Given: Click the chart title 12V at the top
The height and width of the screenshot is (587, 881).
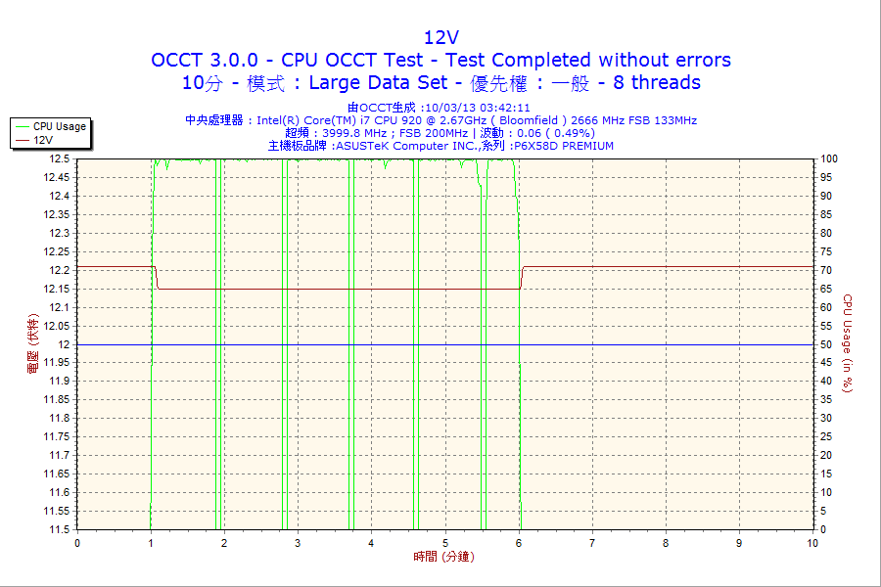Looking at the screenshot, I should [440, 37].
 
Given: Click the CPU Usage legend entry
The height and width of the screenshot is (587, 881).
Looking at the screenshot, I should [59, 126].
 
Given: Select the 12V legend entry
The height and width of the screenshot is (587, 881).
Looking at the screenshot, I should [43, 140].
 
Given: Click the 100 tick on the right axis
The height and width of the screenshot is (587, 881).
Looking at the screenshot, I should [828, 158].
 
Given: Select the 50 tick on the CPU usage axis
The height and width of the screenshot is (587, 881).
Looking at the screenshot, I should [825, 344].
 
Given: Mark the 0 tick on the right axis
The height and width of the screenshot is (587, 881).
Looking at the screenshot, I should [822, 529].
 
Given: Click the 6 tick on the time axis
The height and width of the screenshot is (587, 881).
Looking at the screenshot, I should [519, 543].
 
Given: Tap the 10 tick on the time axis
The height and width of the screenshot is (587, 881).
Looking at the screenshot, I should [812, 543].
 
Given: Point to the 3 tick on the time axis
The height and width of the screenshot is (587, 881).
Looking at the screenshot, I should [298, 543].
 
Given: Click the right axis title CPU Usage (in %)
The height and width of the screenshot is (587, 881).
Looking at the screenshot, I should [849, 343].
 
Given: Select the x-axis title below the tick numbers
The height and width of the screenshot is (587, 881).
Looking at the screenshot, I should [440, 557].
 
